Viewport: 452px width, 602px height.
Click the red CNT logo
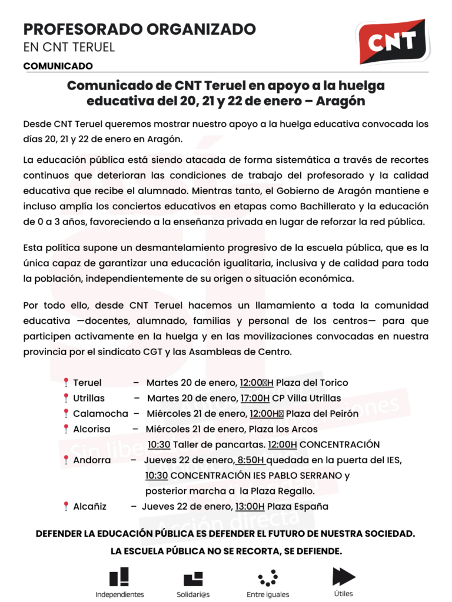pyautogui.click(x=393, y=41)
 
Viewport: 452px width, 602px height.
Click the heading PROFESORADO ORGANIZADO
pyautogui.click(x=139, y=29)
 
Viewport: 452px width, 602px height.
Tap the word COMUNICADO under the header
pyautogui.click(x=58, y=66)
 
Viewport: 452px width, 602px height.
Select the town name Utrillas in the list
pyautogui.click(x=89, y=398)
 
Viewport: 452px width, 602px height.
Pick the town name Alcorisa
pyautogui.click(x=91, y=429)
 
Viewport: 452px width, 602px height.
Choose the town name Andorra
pyautogui.click(x=92, y=460)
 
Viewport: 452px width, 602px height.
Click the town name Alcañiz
pyautogui.click(x=89, y=506)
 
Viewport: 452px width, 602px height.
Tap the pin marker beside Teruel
pyautogui.click(x=66, y=383)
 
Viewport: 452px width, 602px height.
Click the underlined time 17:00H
pyautogui.click(x=255, y=398)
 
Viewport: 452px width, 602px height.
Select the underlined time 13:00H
pyautogui.click(x=250, y=506)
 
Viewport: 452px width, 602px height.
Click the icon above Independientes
pyautogui.click(x=119, y=577)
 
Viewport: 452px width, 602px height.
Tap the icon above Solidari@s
pyautogui.click(x=193, y=578)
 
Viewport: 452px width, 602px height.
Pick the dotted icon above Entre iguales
pyautogui.click(x=268, y=578)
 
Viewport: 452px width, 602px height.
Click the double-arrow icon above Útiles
pyautogui.click(x=344, y=576)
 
